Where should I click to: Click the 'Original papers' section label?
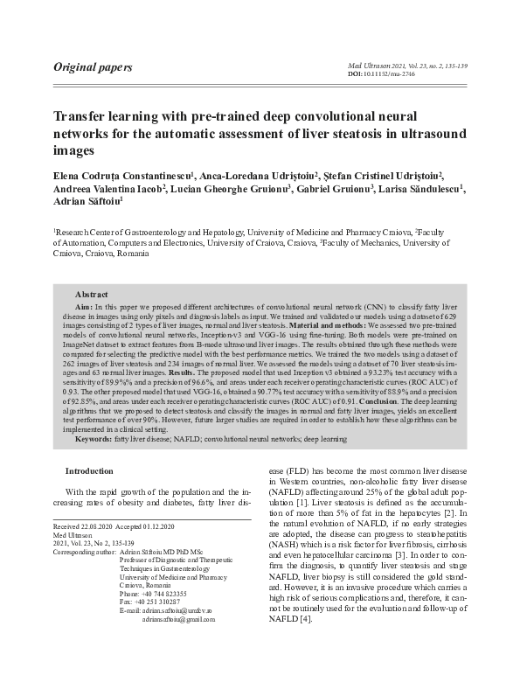[x=93, y=67]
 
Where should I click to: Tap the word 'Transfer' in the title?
[x=84, y=116]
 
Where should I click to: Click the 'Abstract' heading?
[x=91, y=295]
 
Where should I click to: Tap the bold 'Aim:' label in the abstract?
[x=84, y=309]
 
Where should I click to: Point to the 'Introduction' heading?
[x=94, y=471]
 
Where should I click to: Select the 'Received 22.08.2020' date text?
[x=85, y=527]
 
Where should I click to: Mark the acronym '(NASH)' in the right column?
[x=286, y=543]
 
